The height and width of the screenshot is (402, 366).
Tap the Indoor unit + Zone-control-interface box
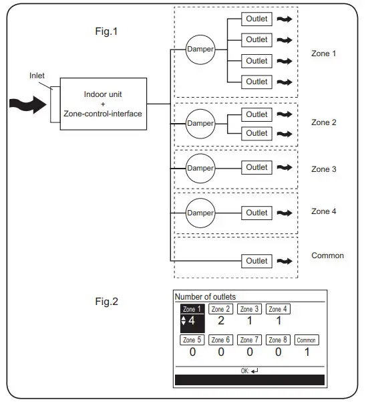(x=104, y=104)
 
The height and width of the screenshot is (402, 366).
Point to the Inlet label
(x=37, y=76)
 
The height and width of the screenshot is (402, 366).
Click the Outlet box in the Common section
(x=256, y=261)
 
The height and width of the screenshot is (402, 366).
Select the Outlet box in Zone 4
(x=256, y=213)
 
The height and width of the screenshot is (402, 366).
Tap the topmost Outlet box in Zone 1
(x=256, y=19)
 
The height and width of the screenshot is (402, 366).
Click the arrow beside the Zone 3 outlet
(x=285, y=167)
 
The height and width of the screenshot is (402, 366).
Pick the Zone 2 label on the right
(x=324, y=123)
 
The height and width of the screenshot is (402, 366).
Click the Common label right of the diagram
(x=327, y=256)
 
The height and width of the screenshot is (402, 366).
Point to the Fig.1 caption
(x=107, y=31)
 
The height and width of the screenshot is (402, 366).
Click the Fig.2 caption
(x=107, y=302)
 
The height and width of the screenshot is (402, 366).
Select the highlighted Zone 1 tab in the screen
(x=192, y=309)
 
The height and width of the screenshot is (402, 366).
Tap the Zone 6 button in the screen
(x=220, y=340)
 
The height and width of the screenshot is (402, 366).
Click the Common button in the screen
(x=307, y=340)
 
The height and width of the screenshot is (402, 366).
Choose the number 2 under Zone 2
(x=220, y=321)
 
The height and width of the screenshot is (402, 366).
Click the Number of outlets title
(x=205, y=296)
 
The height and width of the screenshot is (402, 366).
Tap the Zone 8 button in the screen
(x=278, y=340)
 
